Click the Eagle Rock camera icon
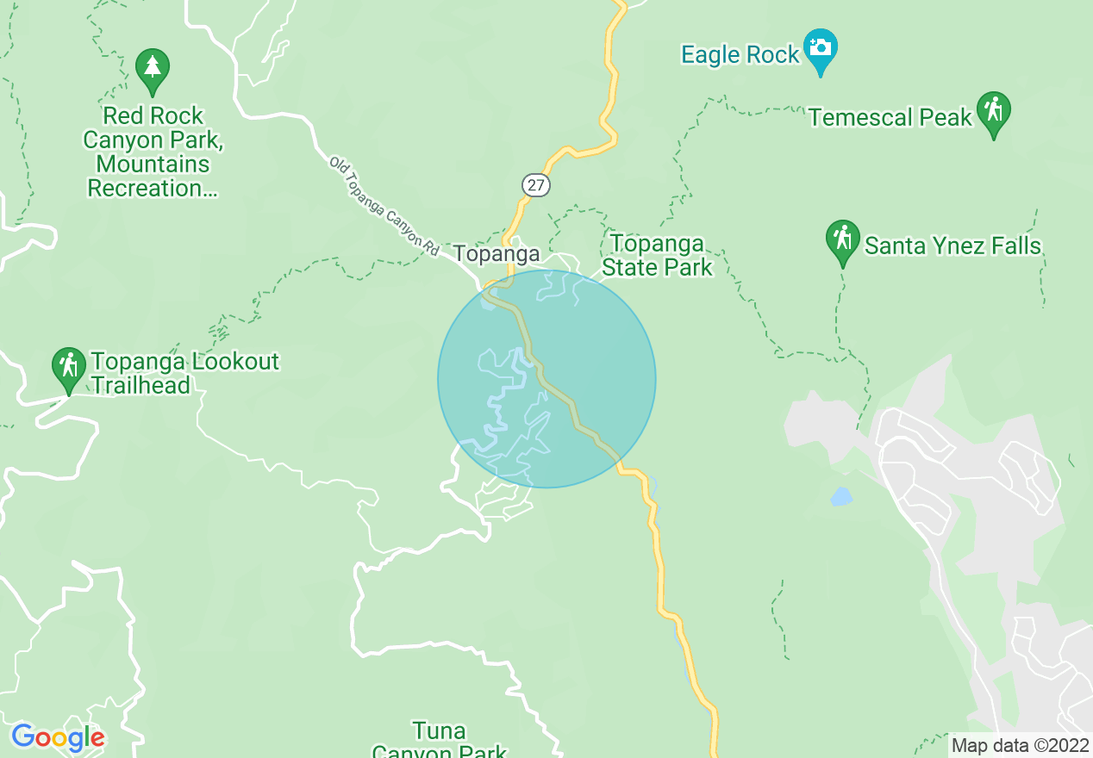pos(820,47)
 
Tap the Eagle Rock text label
pos(740,55)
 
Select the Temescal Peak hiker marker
pos(993,111)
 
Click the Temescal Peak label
pos(890,117)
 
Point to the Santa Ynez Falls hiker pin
pos(842,239)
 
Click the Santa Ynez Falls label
pos(952,246)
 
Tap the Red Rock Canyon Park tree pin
pos(153,68)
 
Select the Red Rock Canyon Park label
pos(153,152)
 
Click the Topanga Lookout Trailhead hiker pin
pos(68,368)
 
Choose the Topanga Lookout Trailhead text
pos(184,373)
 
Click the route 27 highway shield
pos(535,185)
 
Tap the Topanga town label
pos(497,254)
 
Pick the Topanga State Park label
pos(657,256)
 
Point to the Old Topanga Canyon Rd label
pos(384,205)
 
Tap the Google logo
pos(58,738)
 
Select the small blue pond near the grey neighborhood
pos(840,497)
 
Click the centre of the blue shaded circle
pos(546,379)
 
